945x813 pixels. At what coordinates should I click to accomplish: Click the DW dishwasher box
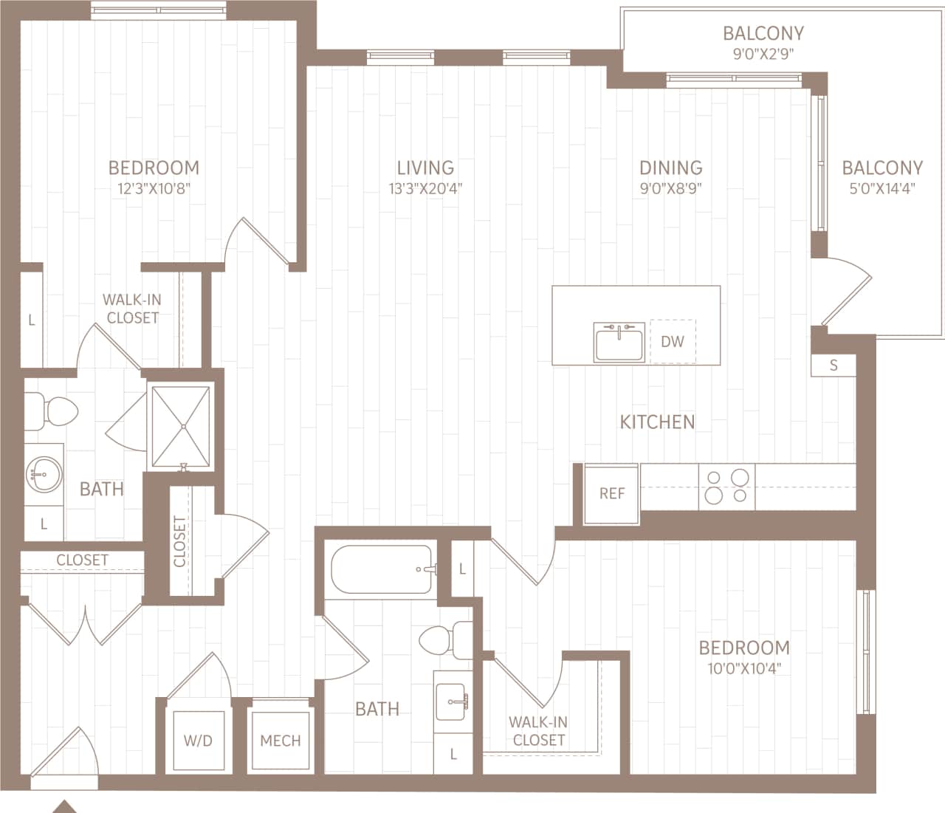[x=673, y=342]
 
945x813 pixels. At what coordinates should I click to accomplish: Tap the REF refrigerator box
[x=611, y=494]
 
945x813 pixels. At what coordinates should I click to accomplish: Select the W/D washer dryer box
[x=198, y=740]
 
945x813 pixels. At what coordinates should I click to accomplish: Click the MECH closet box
[x=281, y=740]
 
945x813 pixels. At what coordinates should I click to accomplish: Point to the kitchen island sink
[x=619, y=343]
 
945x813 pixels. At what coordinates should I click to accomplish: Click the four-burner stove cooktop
[x=727, y=487]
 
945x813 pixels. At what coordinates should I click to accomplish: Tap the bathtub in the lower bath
[x=382, y=569]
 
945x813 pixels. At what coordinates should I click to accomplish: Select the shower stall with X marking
[x=181, y=426]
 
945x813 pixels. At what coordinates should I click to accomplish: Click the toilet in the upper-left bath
[x=52, y=411]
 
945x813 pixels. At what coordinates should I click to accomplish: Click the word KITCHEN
[x=657, y=422]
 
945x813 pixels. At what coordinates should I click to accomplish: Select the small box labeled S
[x=834, y=366]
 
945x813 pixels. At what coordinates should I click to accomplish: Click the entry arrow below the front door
[x=65, y=806]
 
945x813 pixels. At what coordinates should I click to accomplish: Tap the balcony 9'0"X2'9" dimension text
[x=763, y=54]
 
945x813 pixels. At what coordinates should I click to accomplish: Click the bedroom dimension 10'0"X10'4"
[x=744, y=669]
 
